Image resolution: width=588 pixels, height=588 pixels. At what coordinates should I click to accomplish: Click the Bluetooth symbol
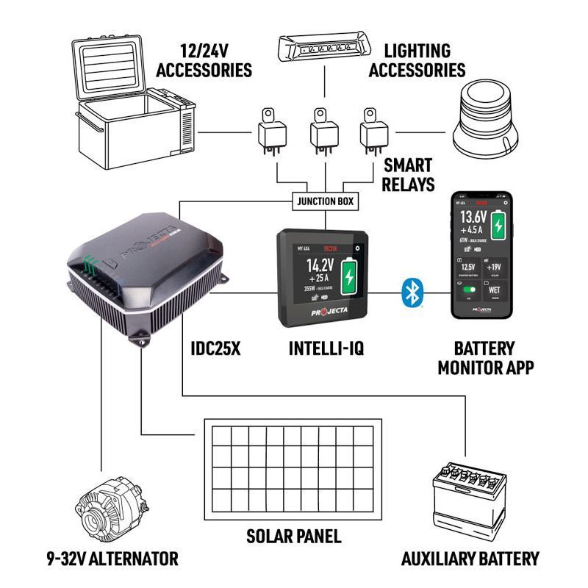[x=411, y=293]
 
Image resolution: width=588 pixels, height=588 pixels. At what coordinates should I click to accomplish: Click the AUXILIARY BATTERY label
[x=470, y=559]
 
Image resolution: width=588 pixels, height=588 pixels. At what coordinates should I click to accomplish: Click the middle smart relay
[x=322, y=133]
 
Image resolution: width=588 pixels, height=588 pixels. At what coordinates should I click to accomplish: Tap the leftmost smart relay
[x=270, y=133]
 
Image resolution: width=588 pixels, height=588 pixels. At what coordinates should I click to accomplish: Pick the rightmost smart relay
[x=373, y=133]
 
